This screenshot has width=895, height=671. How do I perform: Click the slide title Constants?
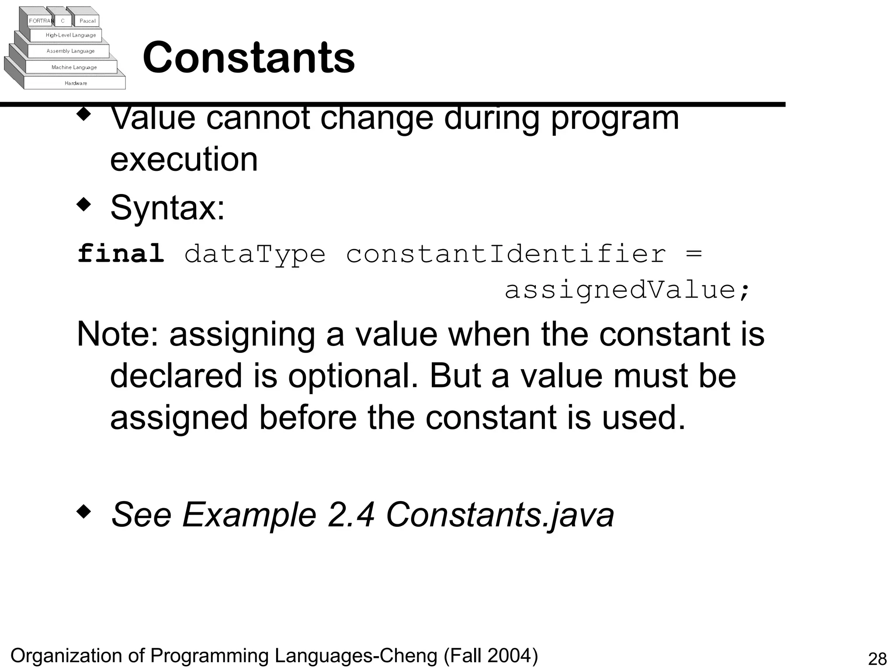point(249,57)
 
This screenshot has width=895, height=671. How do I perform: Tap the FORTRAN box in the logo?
point(41,21)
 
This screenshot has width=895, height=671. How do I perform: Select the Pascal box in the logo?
point(87,21)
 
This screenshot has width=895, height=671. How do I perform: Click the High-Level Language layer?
point(70,35)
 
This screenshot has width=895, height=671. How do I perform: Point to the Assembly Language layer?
point(70,51)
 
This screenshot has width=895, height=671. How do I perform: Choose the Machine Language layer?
point(74,67)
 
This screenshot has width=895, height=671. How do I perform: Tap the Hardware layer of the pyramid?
point(76,83)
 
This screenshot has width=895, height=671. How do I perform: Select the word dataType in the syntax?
point(255,254)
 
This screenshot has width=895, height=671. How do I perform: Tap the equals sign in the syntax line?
point(694,253)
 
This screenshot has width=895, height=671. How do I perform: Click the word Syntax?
point(167,208)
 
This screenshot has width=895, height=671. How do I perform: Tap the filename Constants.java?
point(500,515)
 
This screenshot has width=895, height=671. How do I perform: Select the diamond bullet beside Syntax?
point(84,204)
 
